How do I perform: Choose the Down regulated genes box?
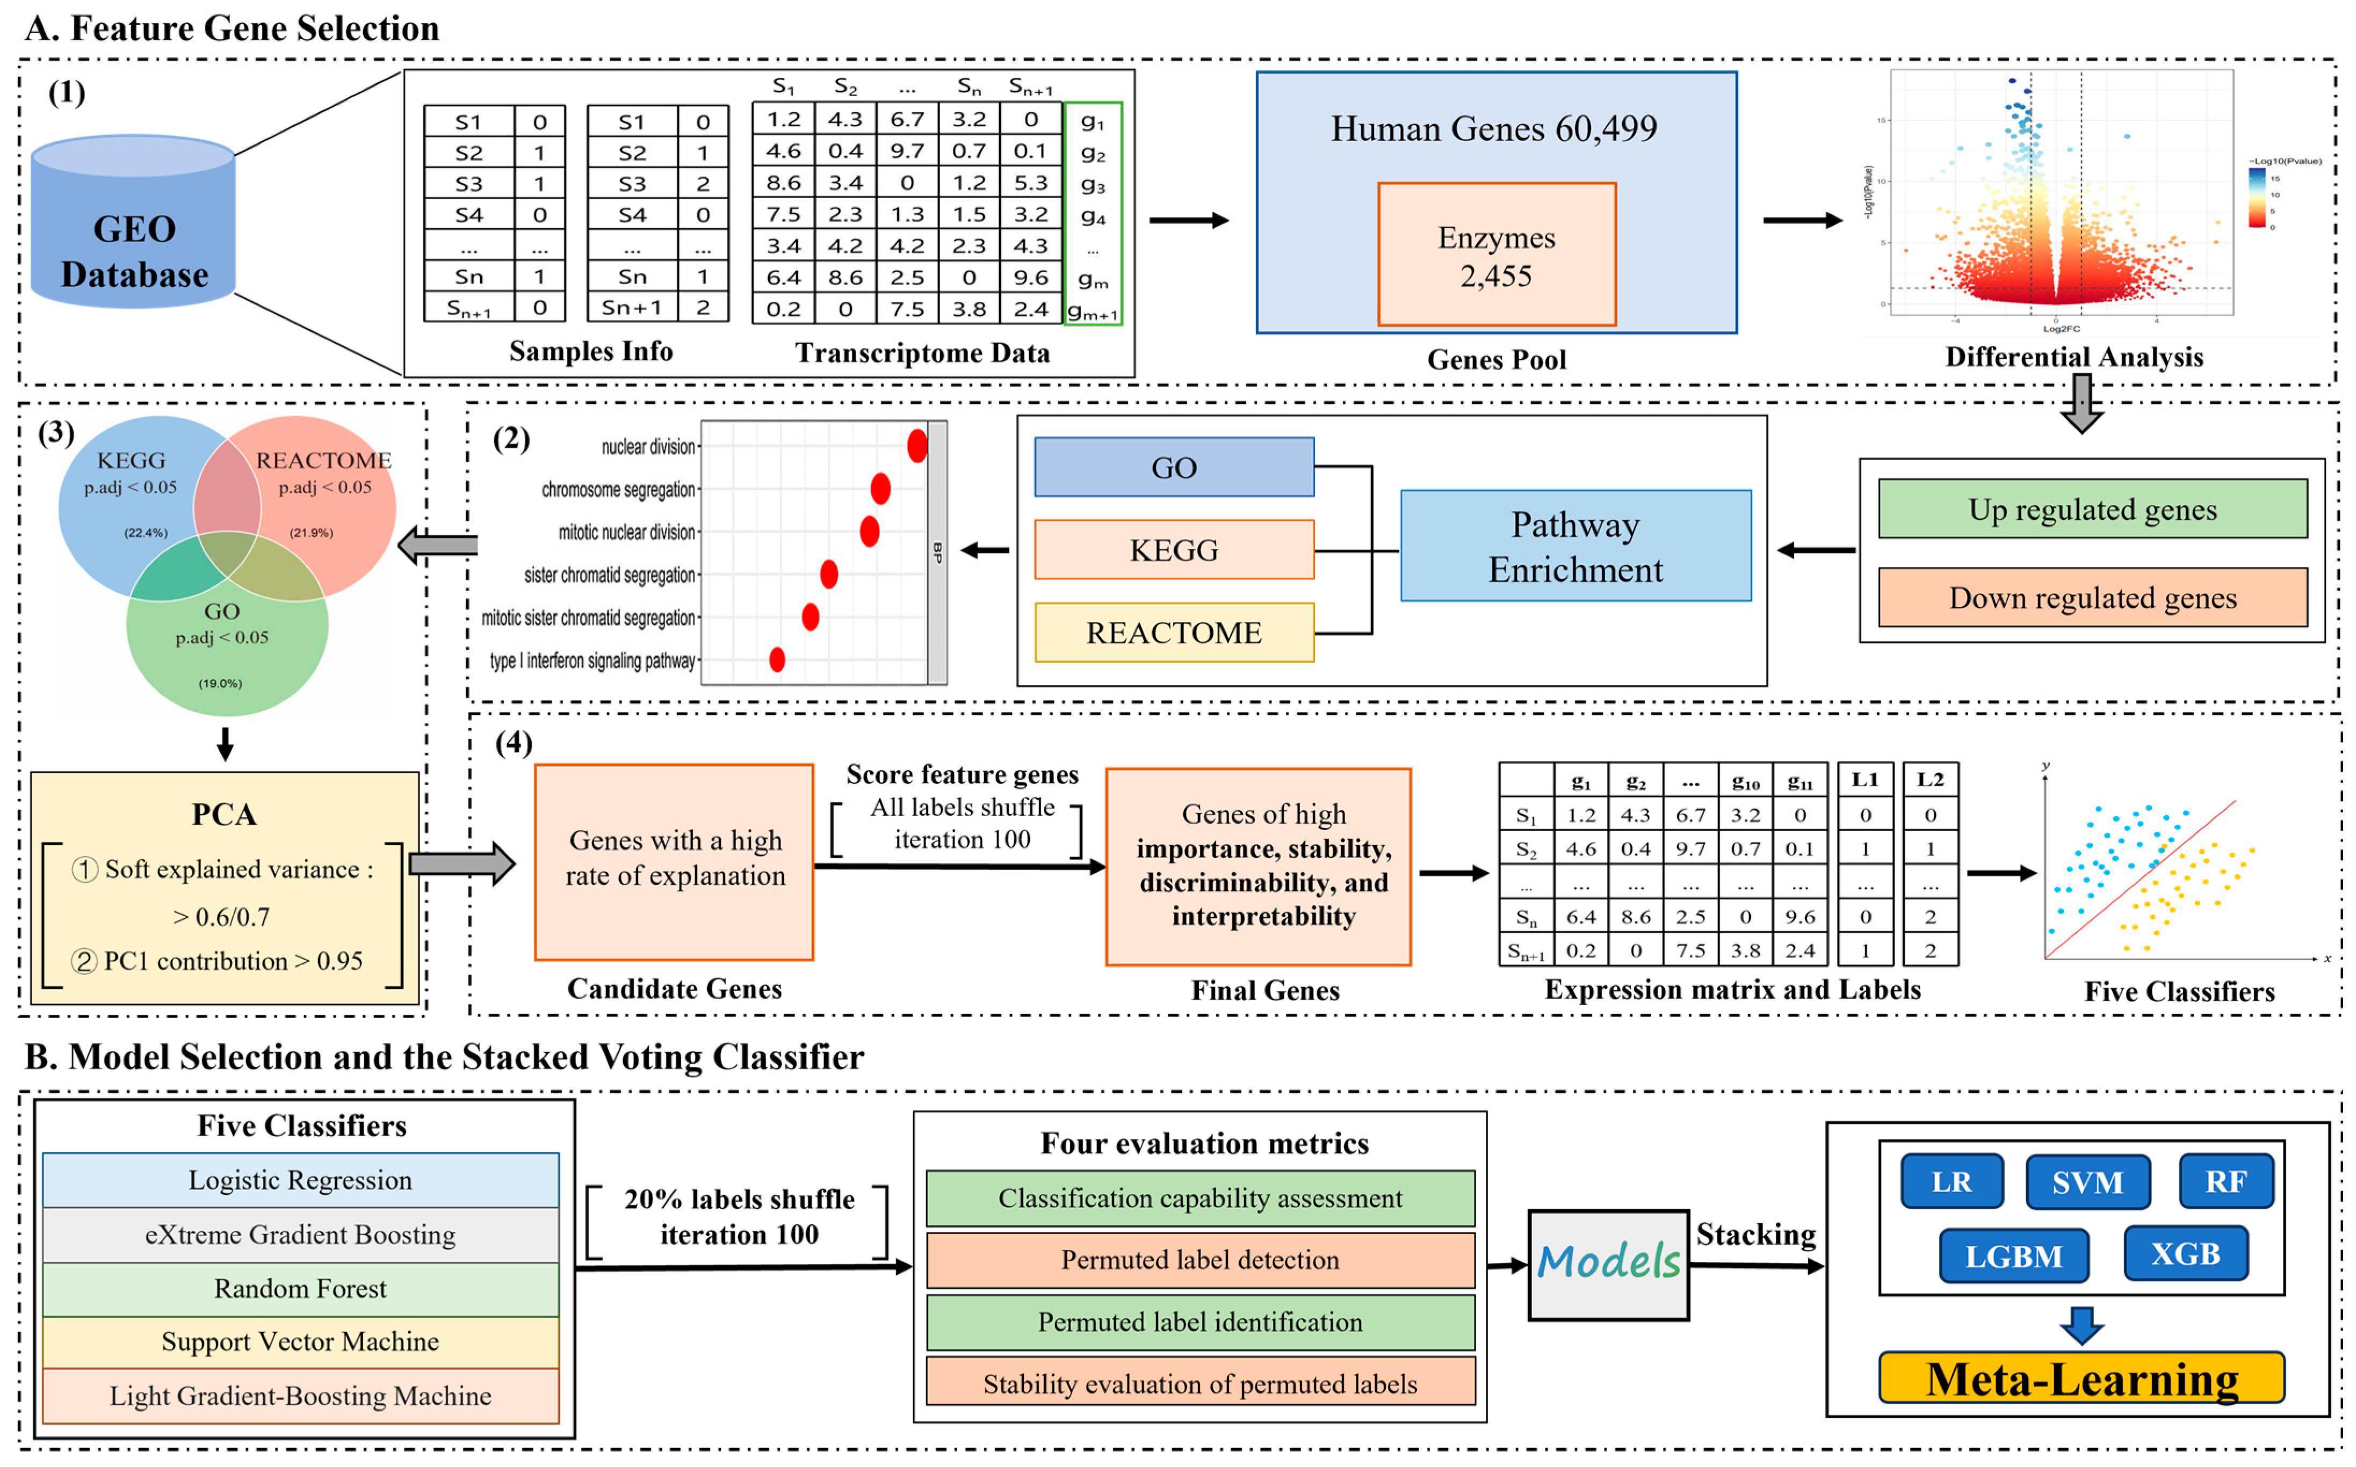[x=2092, y=598]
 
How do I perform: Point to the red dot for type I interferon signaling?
[x=776, y=660]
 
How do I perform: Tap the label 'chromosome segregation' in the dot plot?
[x=618, y=490]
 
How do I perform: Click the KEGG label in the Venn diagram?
[x=131, y=460]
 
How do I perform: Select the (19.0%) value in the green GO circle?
[x=220, y=683]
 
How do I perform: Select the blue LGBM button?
[x=2013, y=1257]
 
